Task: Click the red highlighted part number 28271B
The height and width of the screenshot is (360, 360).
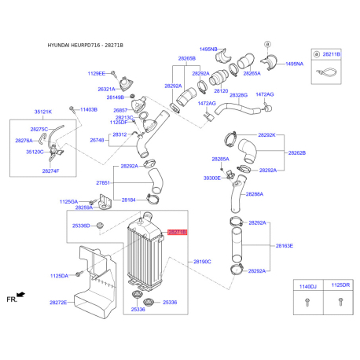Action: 177,233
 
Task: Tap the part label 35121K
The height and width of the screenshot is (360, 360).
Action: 44,112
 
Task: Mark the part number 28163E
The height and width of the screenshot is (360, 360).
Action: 284,246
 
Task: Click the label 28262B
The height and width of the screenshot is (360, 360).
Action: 297,152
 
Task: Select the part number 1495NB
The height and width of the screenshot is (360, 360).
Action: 208,49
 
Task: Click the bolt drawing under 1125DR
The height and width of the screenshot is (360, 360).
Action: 340,303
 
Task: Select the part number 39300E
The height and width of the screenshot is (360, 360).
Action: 213,178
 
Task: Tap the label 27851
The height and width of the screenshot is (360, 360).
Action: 104,182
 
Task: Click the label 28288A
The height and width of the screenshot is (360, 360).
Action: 255,193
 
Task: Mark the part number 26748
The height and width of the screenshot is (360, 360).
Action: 97,141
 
